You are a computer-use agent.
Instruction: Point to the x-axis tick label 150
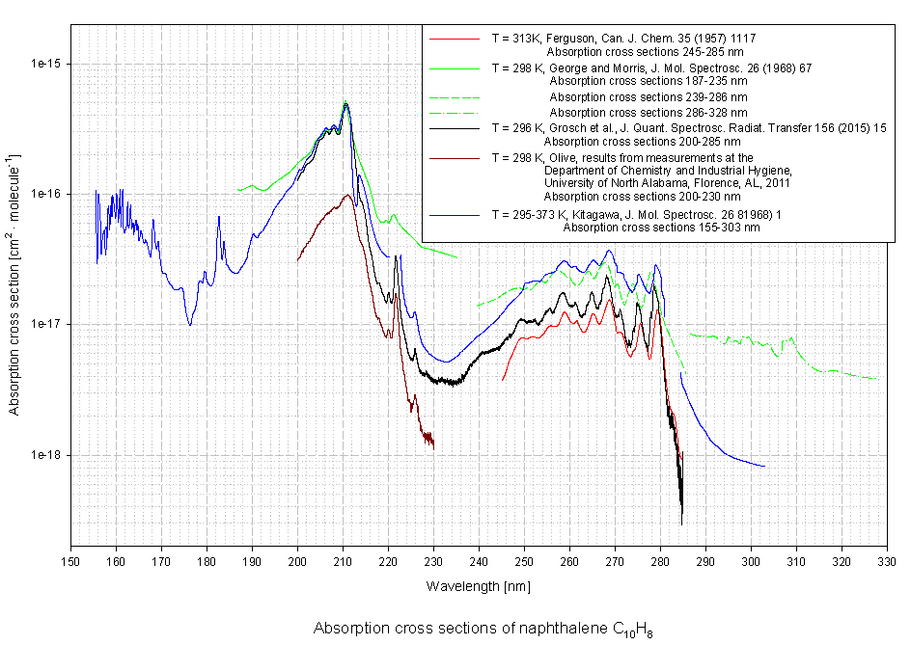tap(70, 562)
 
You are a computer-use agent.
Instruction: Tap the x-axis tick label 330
tap(887, 562)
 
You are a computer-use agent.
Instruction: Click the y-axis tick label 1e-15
tap(45, 64)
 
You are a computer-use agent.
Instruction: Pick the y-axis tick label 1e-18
tap(45, 455)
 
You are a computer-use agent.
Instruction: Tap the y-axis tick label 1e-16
tap(45, 194)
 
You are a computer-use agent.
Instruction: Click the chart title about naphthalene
tap(483, 629)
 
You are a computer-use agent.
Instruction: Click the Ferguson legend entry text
tap(623, 39)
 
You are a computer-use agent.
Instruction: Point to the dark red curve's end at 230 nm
tap(433, 446)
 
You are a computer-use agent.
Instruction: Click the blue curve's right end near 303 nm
tap(764, 467)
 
